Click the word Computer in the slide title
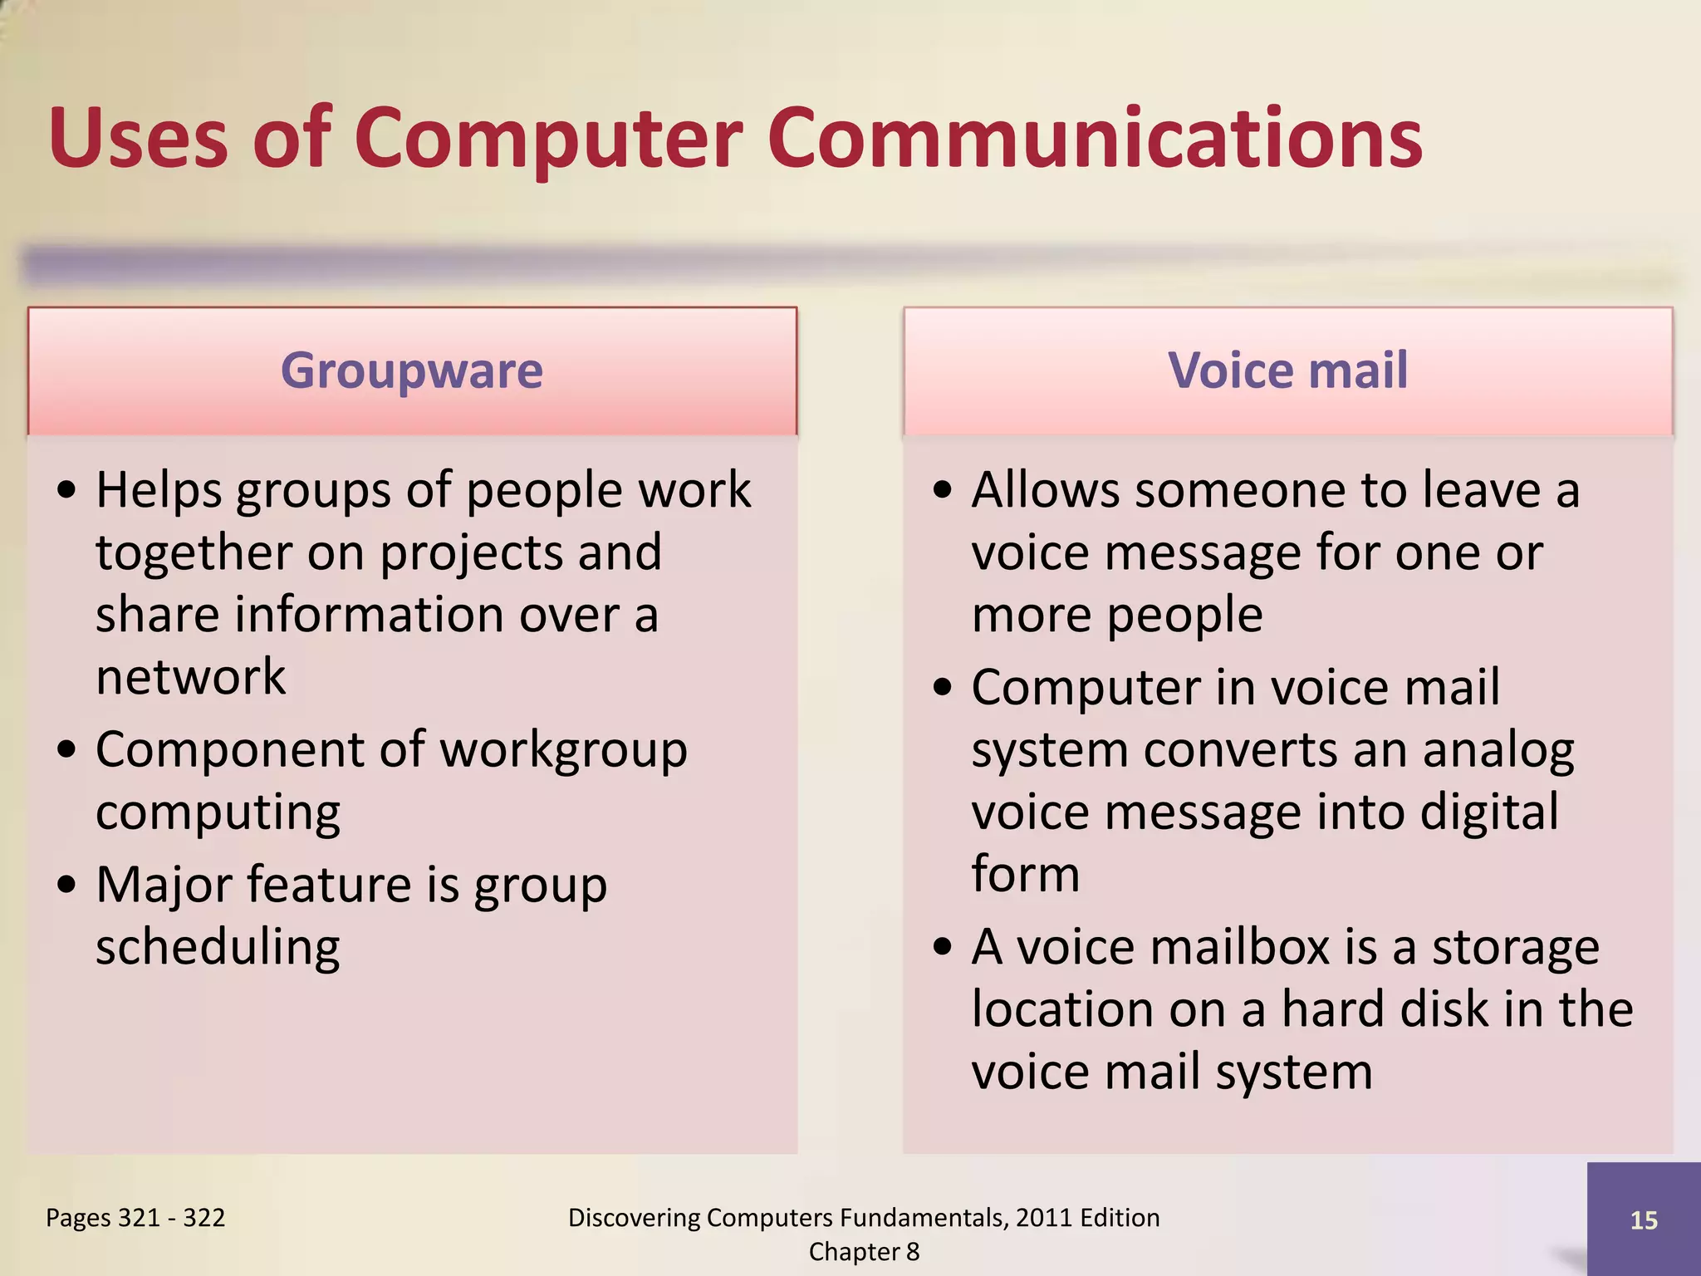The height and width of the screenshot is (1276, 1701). (x=548, y=140)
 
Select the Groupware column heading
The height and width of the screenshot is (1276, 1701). (x=412, y=371)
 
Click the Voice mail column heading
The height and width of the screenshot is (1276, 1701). (x=1287, y=371)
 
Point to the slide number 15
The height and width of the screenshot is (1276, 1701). (x=1644, y=1220)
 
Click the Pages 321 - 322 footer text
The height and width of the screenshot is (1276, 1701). (x=135, y=1218)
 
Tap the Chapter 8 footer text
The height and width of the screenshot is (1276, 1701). (x=864, y=1252)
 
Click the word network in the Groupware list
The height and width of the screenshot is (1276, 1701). (x=190, y=676)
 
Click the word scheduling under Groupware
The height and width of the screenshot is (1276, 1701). (x=218, y=947)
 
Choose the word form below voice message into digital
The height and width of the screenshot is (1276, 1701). (x=1026, y=874)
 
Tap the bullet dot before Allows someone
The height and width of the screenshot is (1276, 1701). (x=942, y=490)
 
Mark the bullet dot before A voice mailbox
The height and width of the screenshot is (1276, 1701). (x=942, y=947)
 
